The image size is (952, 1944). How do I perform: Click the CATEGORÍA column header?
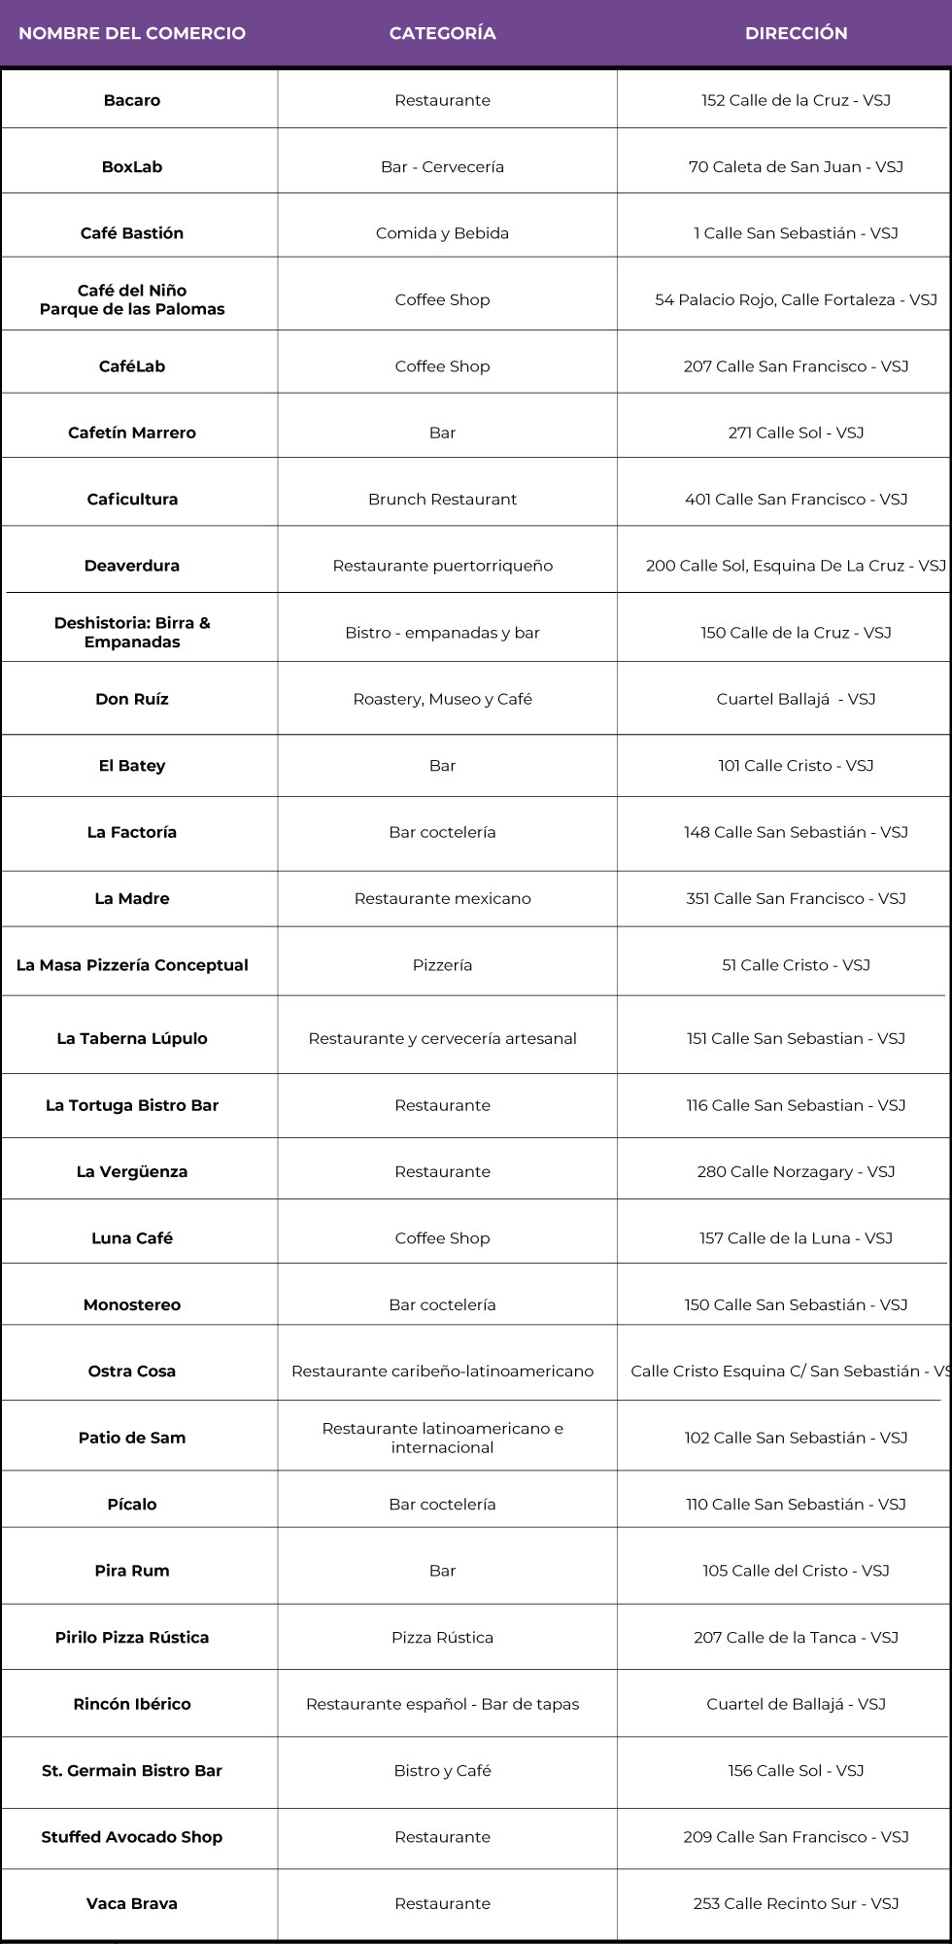[x=442, y=33]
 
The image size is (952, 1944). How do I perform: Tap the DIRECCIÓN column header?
[x=796, y=33]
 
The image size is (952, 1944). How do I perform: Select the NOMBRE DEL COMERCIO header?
[x=132, y=33]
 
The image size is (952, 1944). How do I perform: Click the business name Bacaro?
[x=132, y=100]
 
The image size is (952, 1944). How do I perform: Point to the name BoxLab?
[x=132, y=167]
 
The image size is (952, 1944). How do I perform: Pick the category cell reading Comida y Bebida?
[x=442, y=233]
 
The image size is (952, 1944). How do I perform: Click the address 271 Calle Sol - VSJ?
[x=796, y=433]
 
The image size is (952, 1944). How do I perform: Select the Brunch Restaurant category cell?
[x=442, y=500]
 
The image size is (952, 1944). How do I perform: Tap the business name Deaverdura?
[x=132, y=566]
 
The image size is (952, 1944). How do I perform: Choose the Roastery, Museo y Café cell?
[x=442, y=699]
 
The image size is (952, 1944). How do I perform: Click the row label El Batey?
[x=132, y=766]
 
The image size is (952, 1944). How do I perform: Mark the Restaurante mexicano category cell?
[x=442, y=899]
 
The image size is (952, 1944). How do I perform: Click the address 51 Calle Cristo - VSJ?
[x=796, y=965]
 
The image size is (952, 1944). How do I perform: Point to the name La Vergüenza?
[x=132, y=1172]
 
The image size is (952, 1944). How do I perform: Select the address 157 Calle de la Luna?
[x=796, y=1238]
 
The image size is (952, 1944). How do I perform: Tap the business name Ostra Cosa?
[x=132, y=1371]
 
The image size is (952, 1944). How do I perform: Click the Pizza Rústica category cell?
[x=442, y=1638]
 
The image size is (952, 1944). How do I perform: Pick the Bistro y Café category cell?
[x=442, y=1771]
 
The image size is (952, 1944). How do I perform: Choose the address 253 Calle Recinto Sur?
[x=796, y=1904]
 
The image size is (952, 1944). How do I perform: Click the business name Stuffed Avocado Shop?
[x=132, y=1837]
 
